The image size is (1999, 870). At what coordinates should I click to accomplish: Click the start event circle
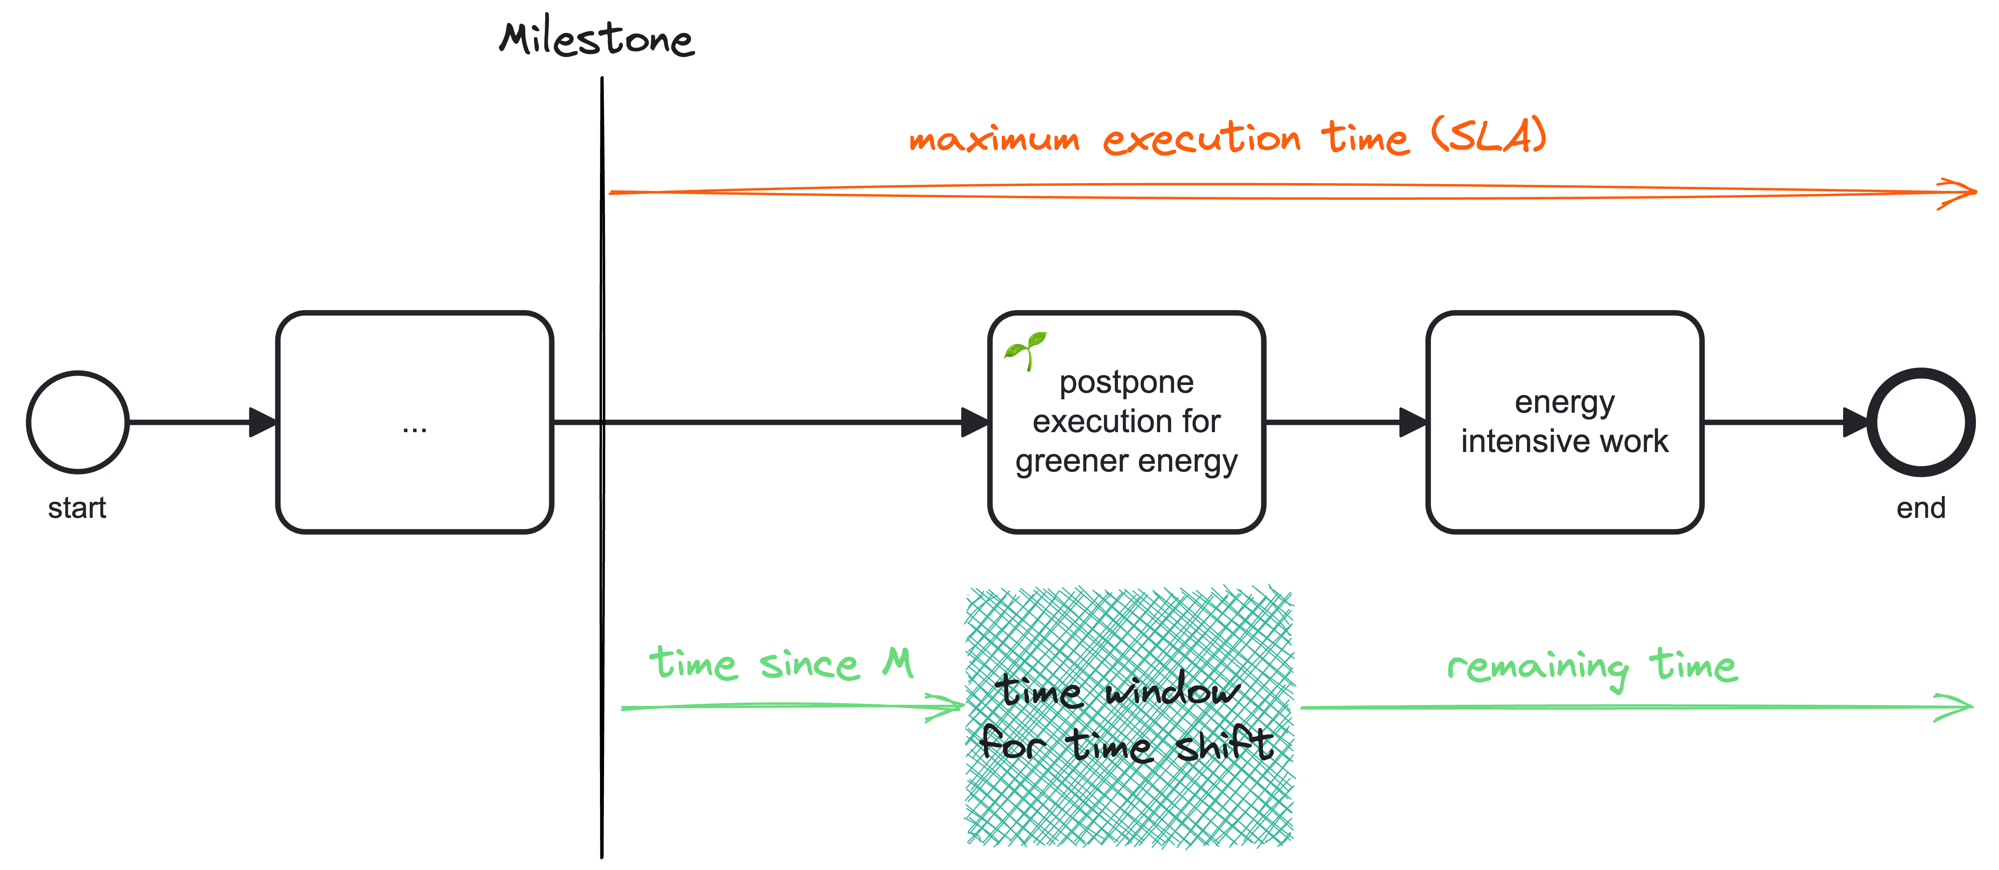(x=78, y=422)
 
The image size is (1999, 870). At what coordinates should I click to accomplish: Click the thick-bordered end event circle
(x=1921, y=422)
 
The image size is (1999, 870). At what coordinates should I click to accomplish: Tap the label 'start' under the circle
(x=77, y=509)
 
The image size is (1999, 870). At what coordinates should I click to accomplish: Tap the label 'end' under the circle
(x=1921, y=509)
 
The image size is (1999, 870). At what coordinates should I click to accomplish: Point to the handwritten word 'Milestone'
(x=596, y=39)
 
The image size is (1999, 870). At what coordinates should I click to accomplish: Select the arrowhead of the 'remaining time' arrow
(x=1960, y=706)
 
